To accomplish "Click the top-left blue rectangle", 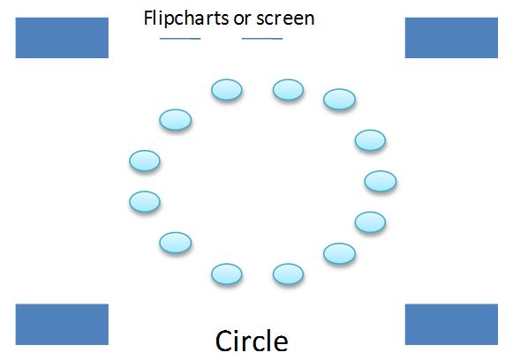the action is [x=62, y=38].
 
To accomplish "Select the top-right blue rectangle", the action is [x=451, y=38].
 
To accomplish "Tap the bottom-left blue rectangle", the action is [x=62, y=325].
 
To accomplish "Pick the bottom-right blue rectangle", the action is [x=451, y=325].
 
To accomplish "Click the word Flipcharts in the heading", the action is [x=186, y=19].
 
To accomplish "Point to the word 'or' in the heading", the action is [x=242, y=19].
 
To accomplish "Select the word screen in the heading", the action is [x=285, y=19].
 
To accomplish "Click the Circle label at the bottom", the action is [x=252, y=341].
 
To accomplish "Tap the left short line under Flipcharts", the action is [x=180, y=39].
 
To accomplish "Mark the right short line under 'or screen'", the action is [x=262, y=39].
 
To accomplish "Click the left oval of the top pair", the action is [x=227, y=90].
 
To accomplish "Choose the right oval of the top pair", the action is [x=288, y=90].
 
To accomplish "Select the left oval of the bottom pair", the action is [x=227, y=274].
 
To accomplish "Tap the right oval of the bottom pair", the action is [x=288, y=274].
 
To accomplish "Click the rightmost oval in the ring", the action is [x=381, y=181].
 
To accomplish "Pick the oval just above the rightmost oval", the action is [x=370, y=140].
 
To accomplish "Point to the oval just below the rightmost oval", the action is [x=370, y=222].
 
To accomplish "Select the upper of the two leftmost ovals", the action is [x=145, y=161].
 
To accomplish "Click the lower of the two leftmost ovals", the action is [x=145, y=202].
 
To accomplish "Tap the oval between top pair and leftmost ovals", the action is [x=176, y=120].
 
